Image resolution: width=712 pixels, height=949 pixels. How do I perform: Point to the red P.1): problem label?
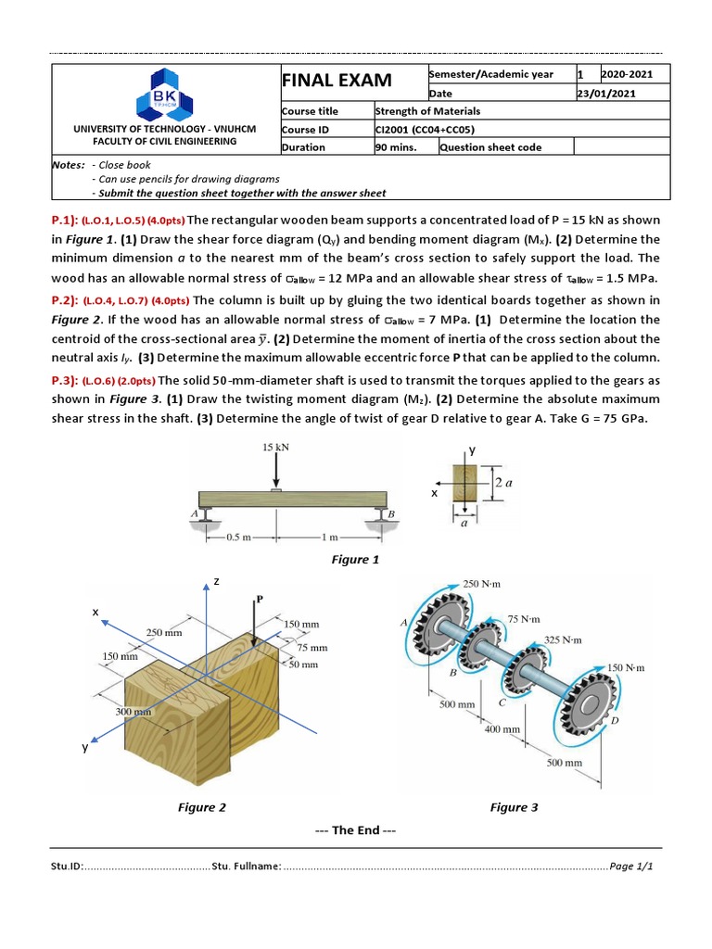(65, 220)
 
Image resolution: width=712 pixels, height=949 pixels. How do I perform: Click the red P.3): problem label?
(65, 380)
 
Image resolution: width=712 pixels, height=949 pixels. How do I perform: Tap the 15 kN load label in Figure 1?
(274, 447)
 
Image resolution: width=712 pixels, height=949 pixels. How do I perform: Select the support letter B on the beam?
(391, 512)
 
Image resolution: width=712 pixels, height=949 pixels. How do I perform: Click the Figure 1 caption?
(355, 560)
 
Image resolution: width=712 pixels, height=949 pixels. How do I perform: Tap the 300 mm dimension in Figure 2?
(133, 711)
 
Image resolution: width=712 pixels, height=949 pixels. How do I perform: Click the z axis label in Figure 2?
(216, 581)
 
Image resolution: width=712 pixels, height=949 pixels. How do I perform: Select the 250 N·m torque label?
(481, 585)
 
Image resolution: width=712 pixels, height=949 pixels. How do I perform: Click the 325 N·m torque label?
(564, 639)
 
